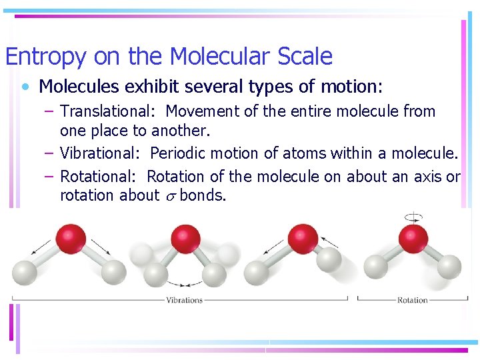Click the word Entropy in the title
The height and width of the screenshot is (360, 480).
45,57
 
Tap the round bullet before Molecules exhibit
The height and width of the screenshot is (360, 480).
25,87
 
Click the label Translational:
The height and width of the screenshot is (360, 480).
107,111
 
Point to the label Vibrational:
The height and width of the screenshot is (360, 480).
99,153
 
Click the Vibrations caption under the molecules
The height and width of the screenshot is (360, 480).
185,300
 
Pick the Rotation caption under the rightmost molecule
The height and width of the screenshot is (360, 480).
412,300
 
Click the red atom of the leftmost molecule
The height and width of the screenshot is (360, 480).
71,238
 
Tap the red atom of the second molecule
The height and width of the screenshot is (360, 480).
185,238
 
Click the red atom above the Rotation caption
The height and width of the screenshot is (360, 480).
413,238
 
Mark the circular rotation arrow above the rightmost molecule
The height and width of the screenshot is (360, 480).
413,217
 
